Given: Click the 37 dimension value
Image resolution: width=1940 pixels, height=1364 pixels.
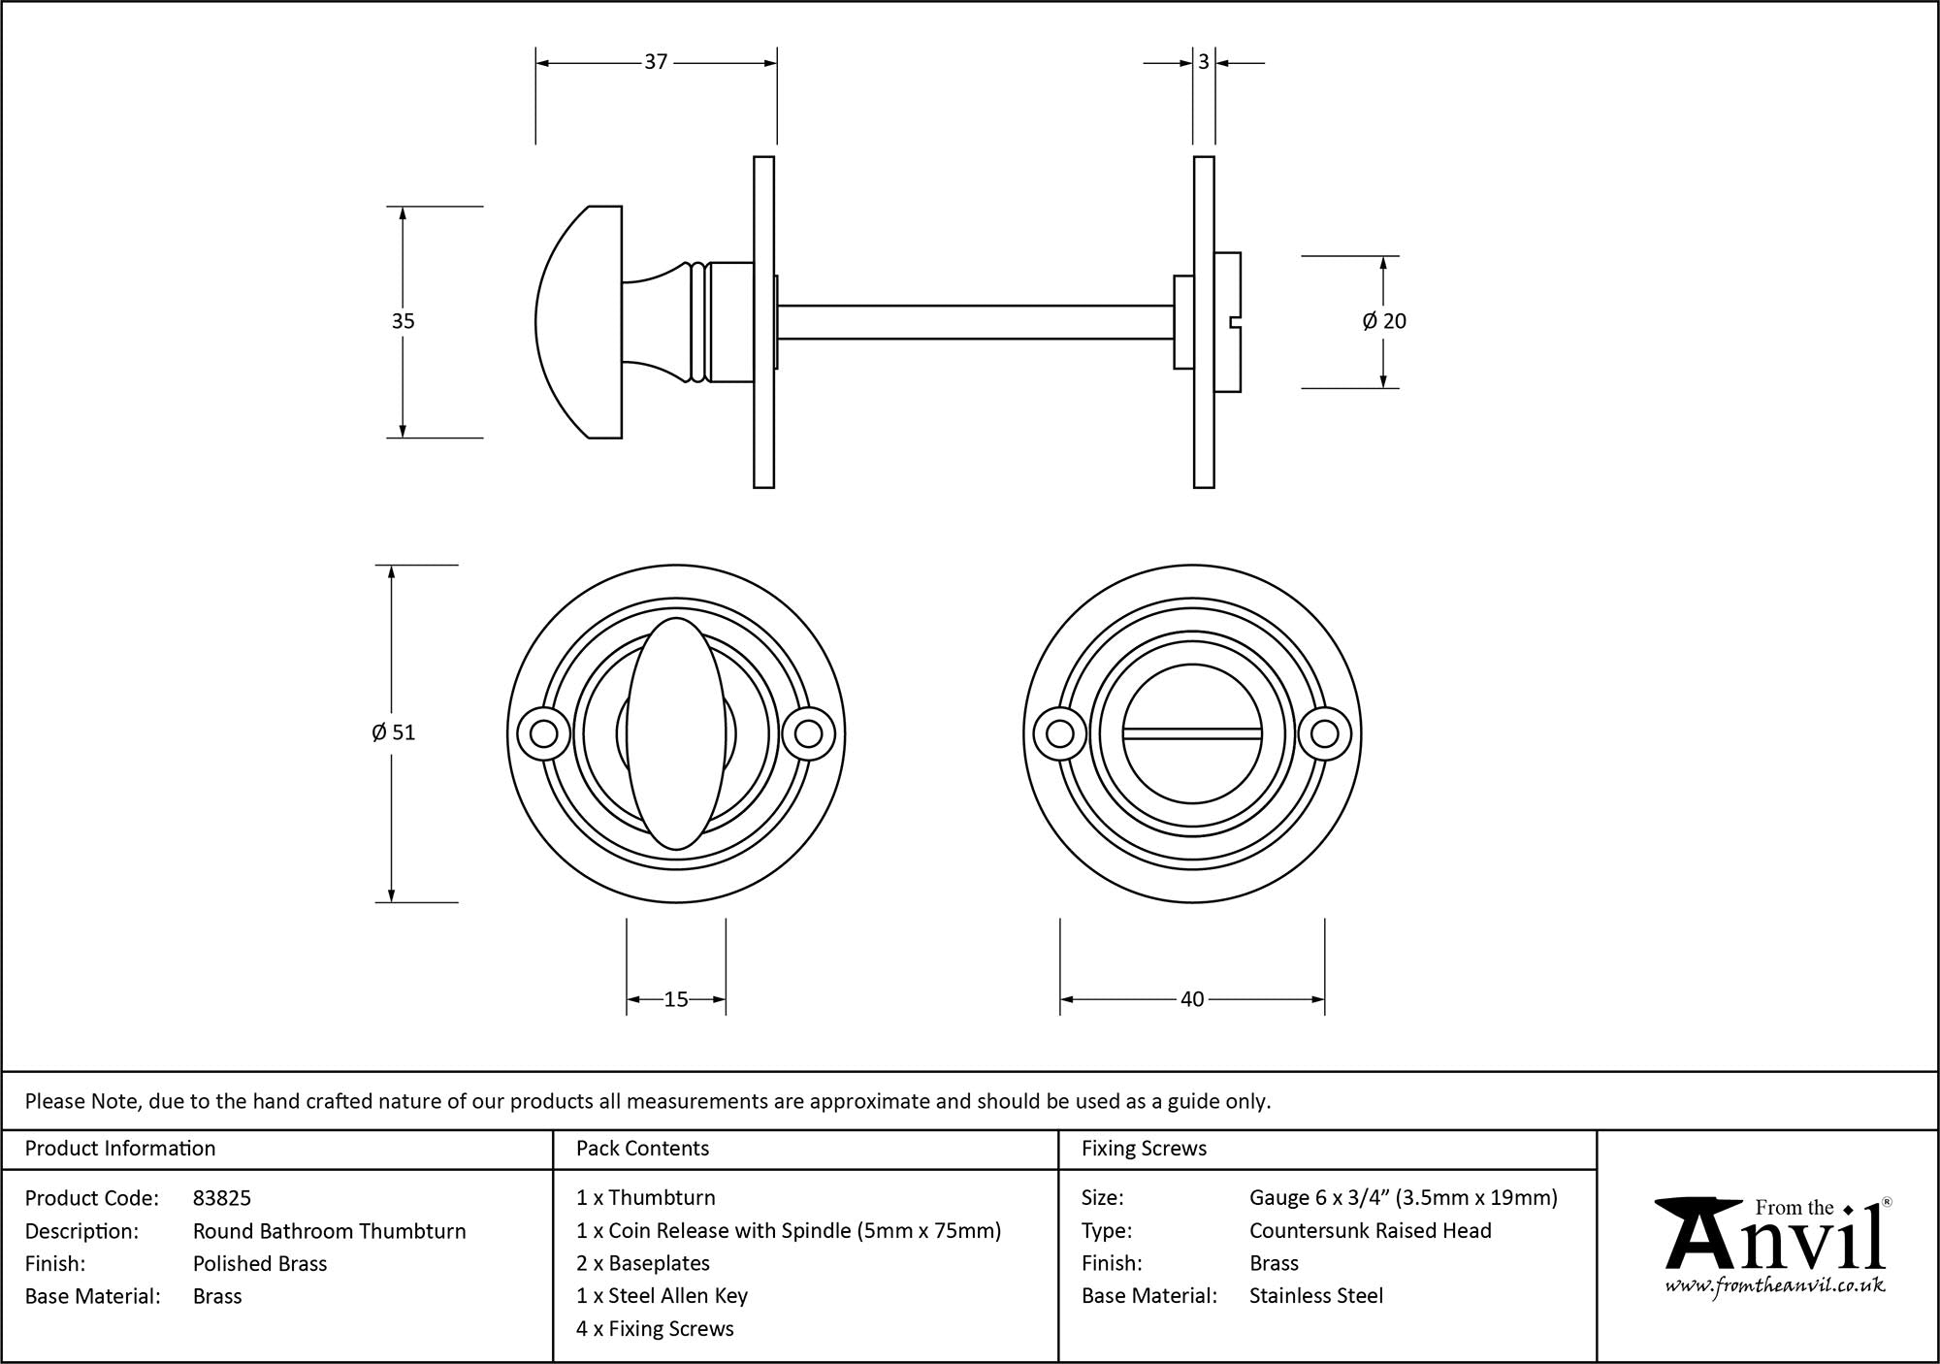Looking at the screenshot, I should (x=656, y=62).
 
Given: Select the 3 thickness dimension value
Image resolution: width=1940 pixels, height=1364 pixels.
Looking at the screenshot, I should (x=1204, y=62).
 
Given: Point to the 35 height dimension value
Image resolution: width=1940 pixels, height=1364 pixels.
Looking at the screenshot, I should (x=403, y=321).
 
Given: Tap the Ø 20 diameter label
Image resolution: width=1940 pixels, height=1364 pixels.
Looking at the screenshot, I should (x=1384, y=321).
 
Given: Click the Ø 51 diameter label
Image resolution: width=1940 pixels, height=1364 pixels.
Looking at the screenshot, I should (x=393, y=732).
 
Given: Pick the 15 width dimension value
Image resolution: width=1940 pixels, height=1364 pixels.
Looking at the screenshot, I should (x=676, y=999).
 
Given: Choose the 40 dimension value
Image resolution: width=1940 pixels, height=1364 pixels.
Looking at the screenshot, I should (x=1192, y=999).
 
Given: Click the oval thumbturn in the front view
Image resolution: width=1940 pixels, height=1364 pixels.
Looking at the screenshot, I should (x=676, y=733).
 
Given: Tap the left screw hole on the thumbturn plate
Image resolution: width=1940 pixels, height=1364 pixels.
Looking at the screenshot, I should (x=543, y=733).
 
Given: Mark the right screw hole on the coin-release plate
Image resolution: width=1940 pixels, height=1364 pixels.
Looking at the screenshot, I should (x=1325, y=733).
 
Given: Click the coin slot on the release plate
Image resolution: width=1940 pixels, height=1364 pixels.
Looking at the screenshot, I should (x=1192, y=734).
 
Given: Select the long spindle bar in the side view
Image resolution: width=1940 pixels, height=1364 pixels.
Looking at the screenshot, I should (x=975, y=322).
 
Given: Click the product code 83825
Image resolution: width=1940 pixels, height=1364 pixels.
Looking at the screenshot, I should (x=222, y=1198).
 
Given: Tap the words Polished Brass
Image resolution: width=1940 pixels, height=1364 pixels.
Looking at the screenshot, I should (x=260, y=1263).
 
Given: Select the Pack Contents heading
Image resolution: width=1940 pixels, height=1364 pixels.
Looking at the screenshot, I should (x=642, y=1149).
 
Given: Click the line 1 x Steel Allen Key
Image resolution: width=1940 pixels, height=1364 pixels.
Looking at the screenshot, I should (x=662, y=1295).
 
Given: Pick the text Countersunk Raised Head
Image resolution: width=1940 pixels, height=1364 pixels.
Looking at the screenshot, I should (x=1370, y=1230).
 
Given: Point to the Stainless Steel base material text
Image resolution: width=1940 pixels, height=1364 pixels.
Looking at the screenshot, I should (x=1315, y=1295).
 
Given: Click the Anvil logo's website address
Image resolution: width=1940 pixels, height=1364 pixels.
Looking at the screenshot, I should (x=1775, y=1286).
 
